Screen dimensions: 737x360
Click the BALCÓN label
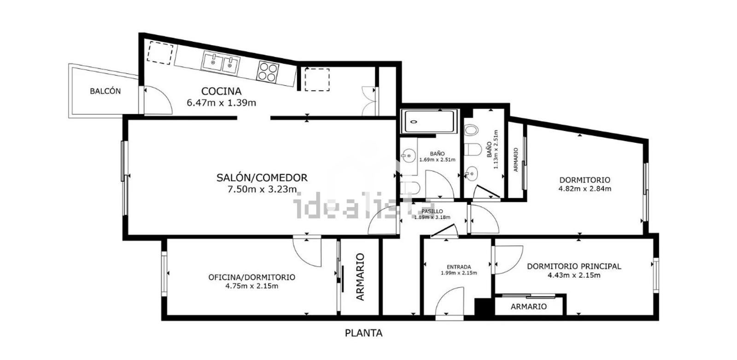pos(105,91)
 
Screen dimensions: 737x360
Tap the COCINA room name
pos(221,91)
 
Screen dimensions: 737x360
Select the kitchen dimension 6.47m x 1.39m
pos(221,103)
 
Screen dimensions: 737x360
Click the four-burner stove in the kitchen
pos(268,71)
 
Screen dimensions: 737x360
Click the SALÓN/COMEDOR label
pos(262,178)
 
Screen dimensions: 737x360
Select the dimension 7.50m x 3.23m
pos(262,189)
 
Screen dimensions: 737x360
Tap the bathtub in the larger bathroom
pos(429,122)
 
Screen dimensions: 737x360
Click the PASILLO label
pos(432,211)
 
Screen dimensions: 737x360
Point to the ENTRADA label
pos(459,267)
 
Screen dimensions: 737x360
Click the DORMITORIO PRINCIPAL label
pos(574,266)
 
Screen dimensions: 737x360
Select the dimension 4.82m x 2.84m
pos(585,189)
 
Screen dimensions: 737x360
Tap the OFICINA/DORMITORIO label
pos(252,277)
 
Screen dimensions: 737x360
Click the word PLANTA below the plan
pos(363,333)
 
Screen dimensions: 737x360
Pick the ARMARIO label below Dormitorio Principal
pos(529,307)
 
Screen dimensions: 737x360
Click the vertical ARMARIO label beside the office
pos(361,277)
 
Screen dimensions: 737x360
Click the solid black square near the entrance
pos(483,307)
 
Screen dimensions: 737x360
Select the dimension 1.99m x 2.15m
pos(459,273)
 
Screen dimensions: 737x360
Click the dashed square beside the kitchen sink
pos(160,52)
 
